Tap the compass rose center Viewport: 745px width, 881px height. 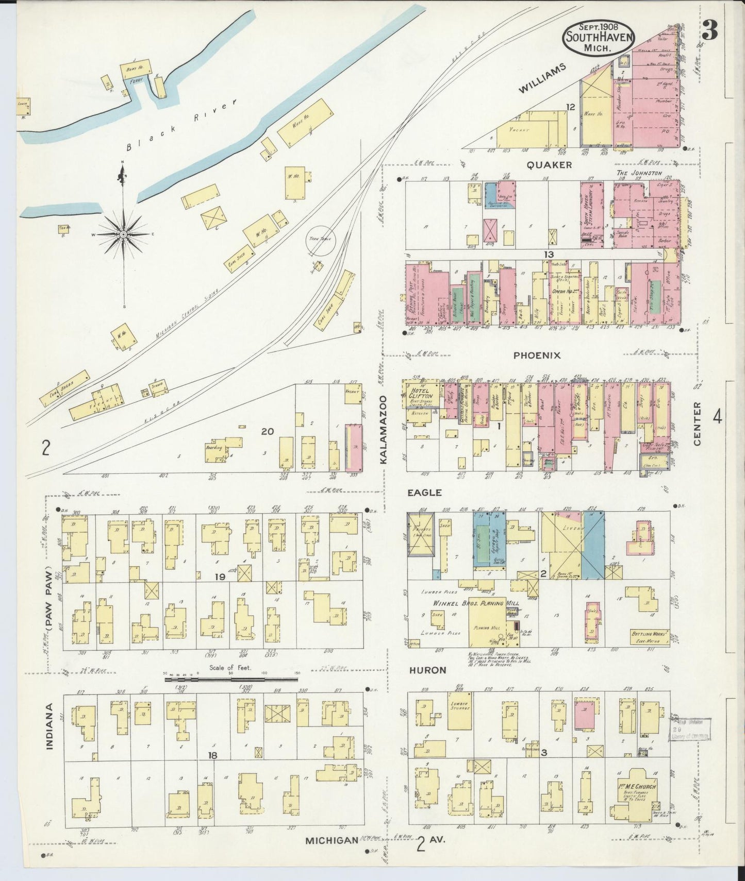click(x=123, y=234)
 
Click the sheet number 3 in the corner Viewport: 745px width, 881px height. click(x=710, y=32)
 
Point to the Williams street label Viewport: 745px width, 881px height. click(x=542, y=78)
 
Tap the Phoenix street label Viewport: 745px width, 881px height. click(x=537, y=355)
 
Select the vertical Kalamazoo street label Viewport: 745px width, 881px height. click(x=384, y=431)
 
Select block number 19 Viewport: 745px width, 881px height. click(x=220, y=578)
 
